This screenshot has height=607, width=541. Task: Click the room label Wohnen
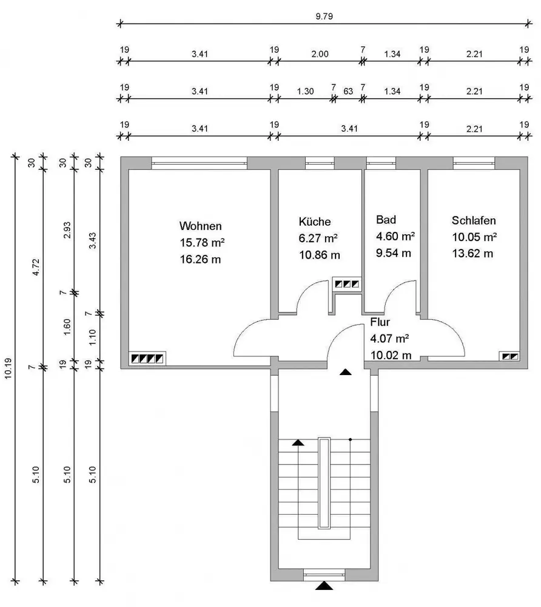click(x=200, y=226)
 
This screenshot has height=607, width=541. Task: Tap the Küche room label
click(x=315, y=222)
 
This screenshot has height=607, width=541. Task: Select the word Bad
click(x=386, y=219)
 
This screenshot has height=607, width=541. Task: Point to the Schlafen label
click(x=474, y=220)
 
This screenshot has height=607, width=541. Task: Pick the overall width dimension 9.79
click(x=324, y=16)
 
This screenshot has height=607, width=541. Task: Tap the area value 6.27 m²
click(x=318, y=238)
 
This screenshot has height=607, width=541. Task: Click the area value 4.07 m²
click(x=389, y=339)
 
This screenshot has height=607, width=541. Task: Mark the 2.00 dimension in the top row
click(x=320, y=53)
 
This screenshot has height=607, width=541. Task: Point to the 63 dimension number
click(x=348, y=91)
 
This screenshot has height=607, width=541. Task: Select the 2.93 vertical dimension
click(x=67, y=230)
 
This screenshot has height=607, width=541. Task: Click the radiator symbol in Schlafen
click(x=509, y=357)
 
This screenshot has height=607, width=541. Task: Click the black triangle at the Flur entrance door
click(x=346, y=372)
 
